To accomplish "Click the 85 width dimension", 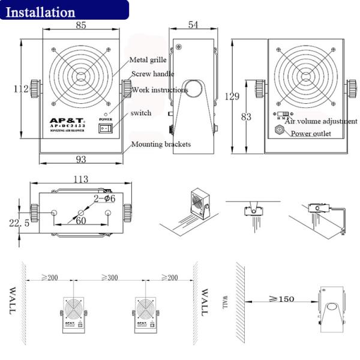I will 81,26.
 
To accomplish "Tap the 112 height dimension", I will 22,89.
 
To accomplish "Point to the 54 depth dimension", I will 194,25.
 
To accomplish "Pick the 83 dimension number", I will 246,117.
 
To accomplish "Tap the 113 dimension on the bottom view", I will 80,179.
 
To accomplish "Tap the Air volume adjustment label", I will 320,121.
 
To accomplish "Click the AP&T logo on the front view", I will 67,120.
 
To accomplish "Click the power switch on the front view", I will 106,128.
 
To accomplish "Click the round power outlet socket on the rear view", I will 280,130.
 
